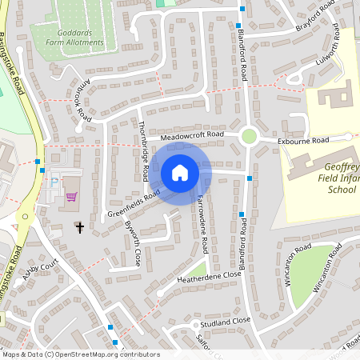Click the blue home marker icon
tap(180, 172)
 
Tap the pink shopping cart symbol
tap(71, 196)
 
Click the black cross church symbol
tap(80, 228)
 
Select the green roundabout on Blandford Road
tap(249, 136)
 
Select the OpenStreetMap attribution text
tap(80, 354)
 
